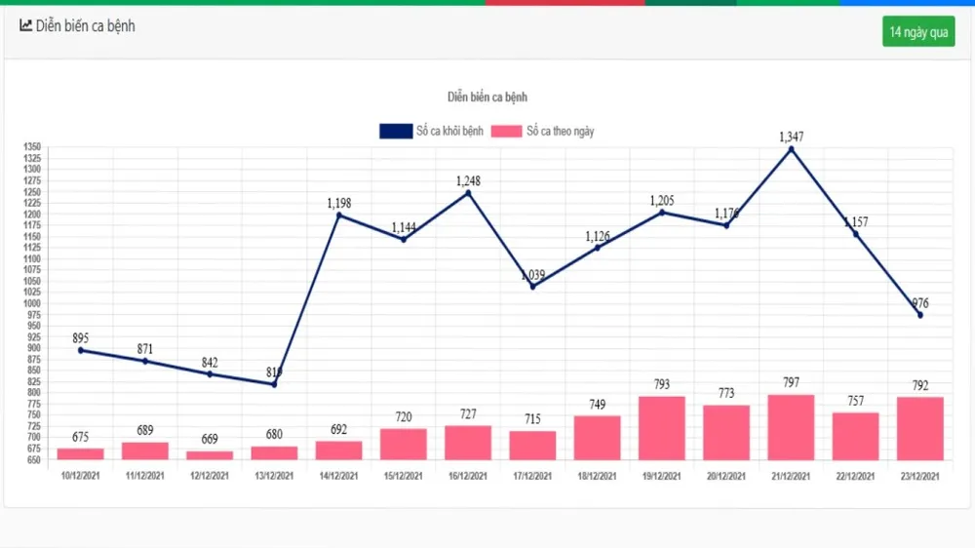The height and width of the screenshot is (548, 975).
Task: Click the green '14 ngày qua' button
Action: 917,32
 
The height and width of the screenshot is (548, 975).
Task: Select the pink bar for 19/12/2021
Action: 662,427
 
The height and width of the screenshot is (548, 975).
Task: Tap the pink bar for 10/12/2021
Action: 80,453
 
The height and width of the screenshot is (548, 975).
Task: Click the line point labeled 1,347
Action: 791,149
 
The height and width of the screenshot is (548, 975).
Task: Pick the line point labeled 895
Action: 80,350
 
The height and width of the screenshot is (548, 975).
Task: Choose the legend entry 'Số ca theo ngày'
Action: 542,132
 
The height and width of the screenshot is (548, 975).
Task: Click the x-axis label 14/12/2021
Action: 338,476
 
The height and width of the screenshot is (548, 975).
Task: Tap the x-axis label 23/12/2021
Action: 919,476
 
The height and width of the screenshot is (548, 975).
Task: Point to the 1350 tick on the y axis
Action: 32,146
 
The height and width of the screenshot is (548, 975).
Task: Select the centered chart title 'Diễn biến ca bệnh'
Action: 487,98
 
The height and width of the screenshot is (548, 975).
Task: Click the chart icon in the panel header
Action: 25,26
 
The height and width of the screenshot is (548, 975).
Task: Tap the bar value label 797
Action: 791,383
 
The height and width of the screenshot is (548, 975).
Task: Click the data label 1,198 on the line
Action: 339,203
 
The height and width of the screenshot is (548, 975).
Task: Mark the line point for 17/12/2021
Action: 532,286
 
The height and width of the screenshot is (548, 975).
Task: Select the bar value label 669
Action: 210,439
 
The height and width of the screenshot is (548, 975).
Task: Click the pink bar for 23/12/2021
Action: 919,428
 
